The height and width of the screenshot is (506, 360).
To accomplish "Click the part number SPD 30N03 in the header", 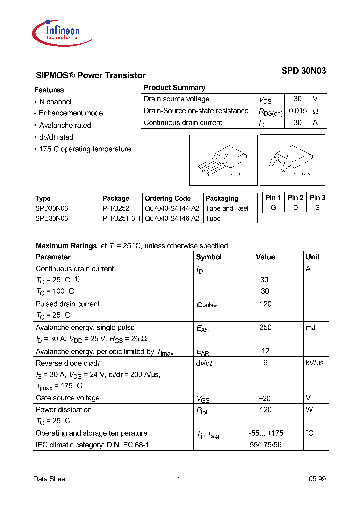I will point(303,71).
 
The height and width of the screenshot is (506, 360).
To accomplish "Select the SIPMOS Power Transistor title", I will point(91,75).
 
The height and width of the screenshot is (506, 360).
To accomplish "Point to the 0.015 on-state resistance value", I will point(297,111).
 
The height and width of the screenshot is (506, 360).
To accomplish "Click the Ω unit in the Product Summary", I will point(315,111).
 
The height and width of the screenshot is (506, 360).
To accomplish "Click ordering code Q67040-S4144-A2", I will point(172,208).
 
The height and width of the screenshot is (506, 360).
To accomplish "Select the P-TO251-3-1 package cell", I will point(122,218).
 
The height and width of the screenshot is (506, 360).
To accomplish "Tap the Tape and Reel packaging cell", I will point(227,208).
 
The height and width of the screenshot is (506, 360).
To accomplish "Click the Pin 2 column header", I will point(295,198).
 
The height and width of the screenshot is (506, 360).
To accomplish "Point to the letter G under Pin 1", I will point(273,208).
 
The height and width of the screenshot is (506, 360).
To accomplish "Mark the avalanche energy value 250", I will point(265,327).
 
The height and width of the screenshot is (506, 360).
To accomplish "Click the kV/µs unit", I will point(314,363).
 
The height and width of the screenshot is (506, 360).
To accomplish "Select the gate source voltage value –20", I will point(265,398).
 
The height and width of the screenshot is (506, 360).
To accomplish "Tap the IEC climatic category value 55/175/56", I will point(265,445).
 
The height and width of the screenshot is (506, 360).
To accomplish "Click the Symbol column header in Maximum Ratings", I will point(209,257).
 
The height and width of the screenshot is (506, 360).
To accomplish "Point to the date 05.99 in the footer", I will point(317,479).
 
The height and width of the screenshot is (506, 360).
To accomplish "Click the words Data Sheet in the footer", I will point(50,479).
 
